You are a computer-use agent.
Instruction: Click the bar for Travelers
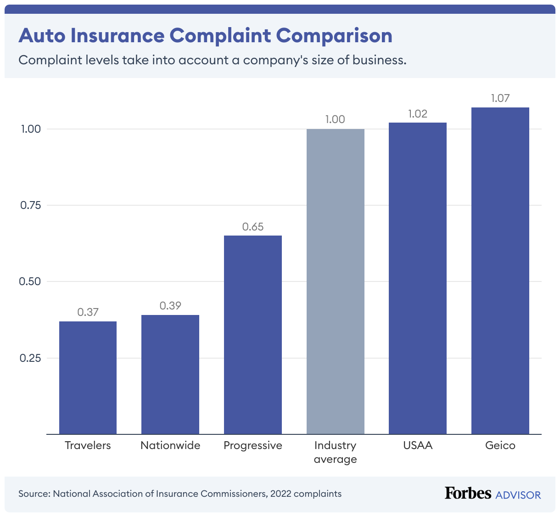88,377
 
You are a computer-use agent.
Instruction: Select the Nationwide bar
170,374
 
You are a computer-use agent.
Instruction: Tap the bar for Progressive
253,335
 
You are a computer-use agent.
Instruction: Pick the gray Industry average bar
336,281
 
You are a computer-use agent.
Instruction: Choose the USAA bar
418,278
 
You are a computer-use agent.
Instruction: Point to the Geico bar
500,271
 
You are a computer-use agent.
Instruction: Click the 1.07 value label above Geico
500,98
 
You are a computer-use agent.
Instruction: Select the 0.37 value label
88,312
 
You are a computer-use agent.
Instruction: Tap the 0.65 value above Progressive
253,227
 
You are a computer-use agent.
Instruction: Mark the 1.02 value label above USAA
418,114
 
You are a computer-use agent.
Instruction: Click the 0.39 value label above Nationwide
170,306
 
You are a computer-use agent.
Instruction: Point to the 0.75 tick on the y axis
30,205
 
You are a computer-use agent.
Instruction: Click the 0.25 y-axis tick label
30,358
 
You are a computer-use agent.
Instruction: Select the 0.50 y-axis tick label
30,281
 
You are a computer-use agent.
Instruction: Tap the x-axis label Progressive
253,445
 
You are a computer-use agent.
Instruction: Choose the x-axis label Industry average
336,452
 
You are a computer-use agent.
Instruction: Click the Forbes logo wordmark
468,493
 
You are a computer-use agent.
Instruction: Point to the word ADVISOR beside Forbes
518,495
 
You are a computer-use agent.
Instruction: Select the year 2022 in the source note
280,494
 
